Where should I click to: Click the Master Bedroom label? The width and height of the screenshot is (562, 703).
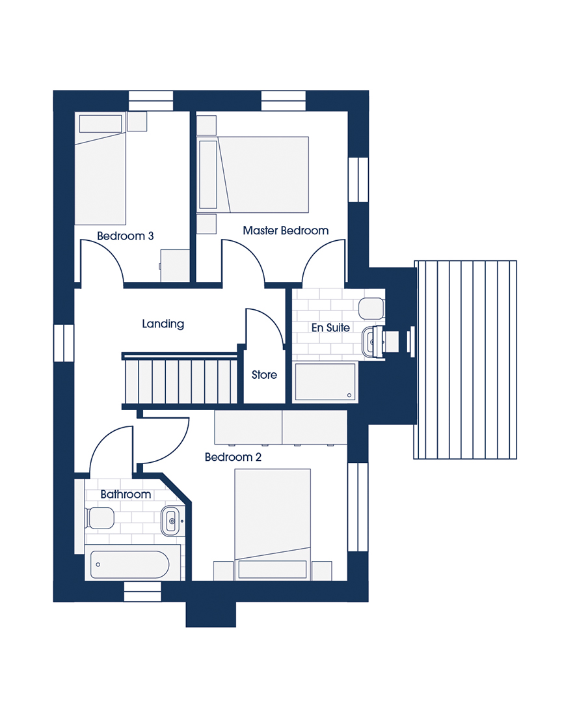(286, 230)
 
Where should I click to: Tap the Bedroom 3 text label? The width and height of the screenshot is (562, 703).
(125, 236)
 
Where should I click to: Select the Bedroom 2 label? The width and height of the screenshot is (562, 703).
(233, 457)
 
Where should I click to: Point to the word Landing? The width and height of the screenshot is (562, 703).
(163, 324)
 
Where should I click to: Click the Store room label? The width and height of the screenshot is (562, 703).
(264, 374)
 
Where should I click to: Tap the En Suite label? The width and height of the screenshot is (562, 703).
(330, 327)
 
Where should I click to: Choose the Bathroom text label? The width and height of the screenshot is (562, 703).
(126, 494)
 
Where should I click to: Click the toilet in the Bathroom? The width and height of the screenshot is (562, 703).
(100, 518)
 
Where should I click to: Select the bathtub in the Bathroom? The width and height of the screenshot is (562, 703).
(129, 564)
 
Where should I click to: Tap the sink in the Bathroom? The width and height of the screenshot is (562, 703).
(171, 521)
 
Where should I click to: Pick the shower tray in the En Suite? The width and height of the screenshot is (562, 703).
(325, 381)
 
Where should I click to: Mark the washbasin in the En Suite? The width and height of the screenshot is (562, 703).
(373, 342)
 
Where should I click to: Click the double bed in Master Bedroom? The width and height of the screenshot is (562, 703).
(253, 174)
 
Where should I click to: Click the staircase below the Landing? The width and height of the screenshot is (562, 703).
(180, 381)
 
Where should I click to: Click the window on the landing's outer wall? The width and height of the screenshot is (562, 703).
(64, 342)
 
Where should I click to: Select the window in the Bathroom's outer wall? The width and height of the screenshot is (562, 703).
(142, 591)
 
